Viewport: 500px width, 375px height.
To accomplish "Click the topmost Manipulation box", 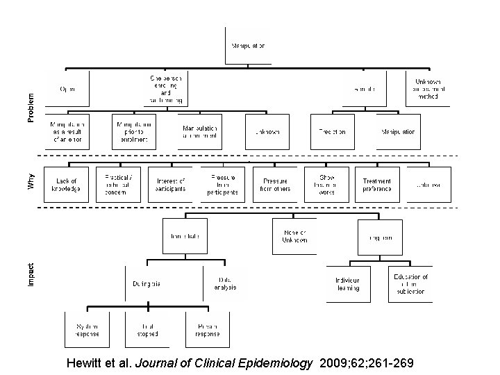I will pos(247,47).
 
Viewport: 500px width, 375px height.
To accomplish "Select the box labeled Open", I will pos(67,89).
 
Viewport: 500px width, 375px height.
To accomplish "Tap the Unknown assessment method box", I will pos(428,89).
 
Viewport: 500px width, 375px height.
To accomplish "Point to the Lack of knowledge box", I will pos(67,185).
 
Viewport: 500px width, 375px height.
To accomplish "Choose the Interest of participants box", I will pos(171,185).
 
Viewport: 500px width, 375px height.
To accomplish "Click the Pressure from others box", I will pos(274,185).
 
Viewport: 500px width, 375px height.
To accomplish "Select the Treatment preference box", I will pos(377,185).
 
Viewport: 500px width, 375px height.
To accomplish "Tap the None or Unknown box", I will pos(294,236).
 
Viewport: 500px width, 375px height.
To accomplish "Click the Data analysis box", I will pos(225,283).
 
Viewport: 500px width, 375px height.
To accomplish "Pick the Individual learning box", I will pos(348,283).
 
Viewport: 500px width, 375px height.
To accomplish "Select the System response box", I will pos(87,330).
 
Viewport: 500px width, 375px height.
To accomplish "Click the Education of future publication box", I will pos(410,283).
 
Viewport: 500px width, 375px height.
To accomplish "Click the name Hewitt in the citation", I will pos(85,363).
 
